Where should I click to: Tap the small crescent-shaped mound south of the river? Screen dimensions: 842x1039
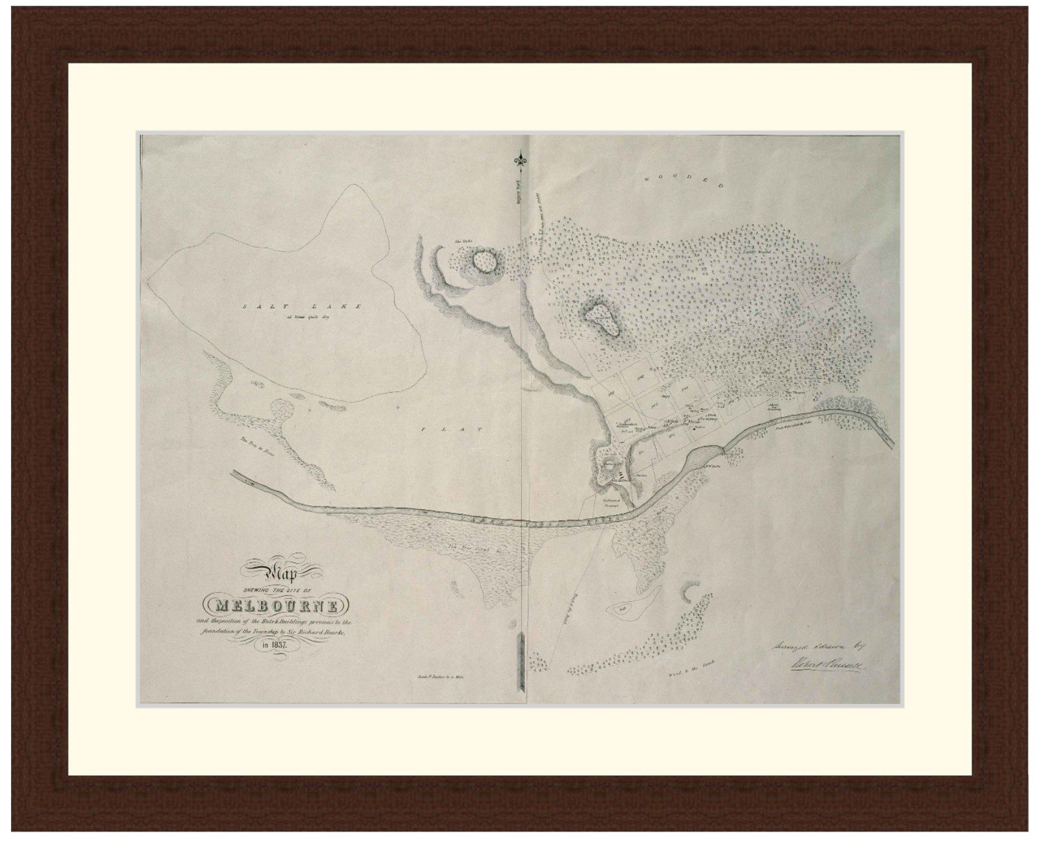pos(688,590)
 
